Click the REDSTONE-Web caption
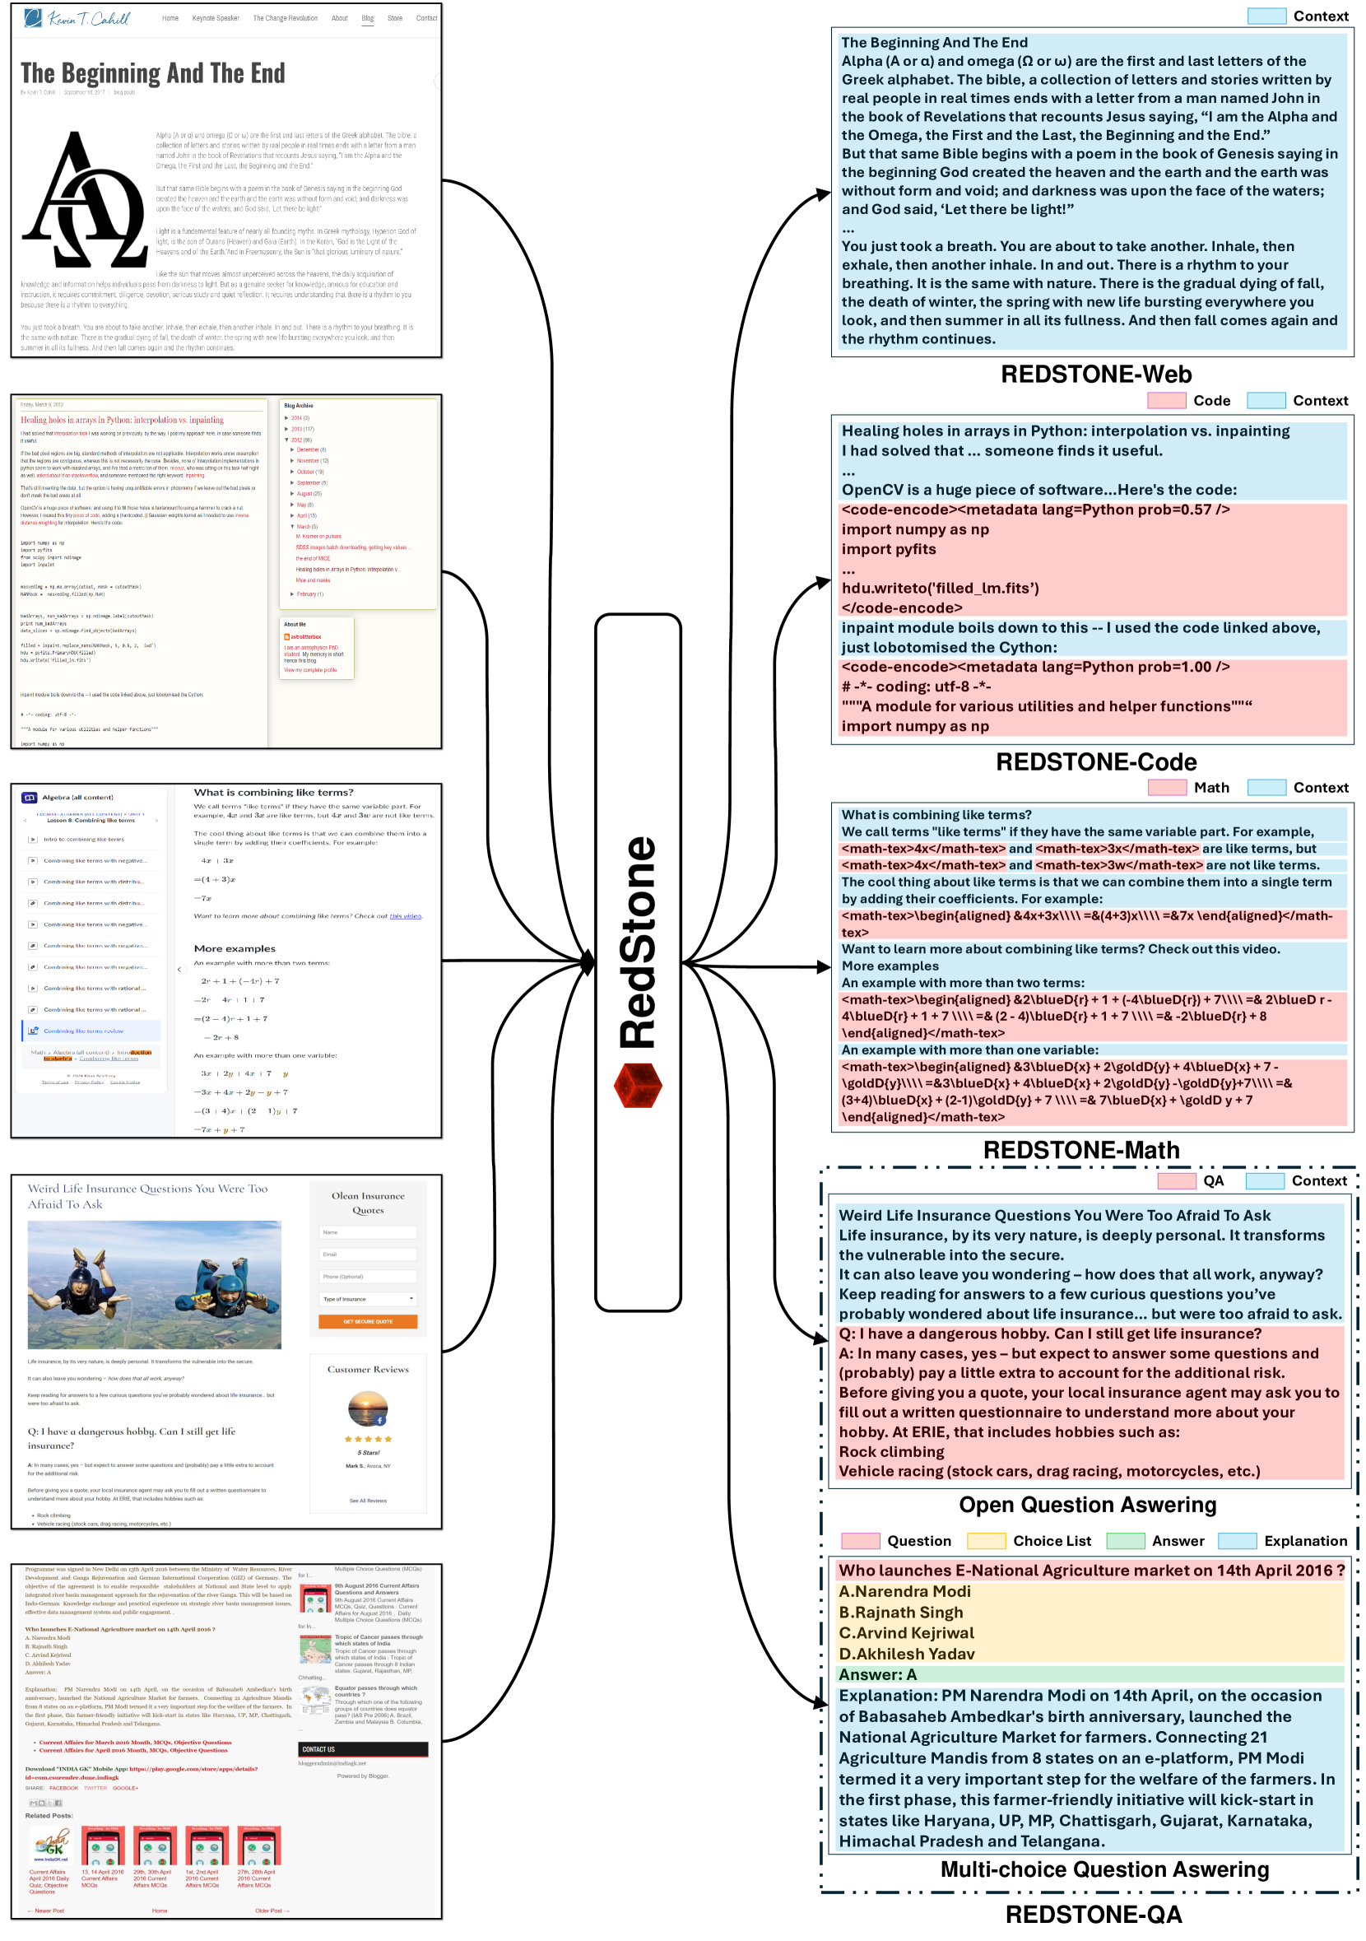pos(1095,375)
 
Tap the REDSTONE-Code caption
pos(1095,762)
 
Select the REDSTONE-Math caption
pos(1081,1151)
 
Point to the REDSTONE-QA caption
pos(1093,1915)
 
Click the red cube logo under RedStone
pos(638,1085)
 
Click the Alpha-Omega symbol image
pos(85,201)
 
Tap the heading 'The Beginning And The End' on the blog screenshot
pos(153,73)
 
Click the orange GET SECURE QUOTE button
pos(368,1321)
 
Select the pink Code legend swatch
pos(1167,401)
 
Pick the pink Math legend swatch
pos(1167,788)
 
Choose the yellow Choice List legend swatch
pos(986,1541)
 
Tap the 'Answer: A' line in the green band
pos(877,1674)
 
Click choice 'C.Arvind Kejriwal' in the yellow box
pos(906,1633)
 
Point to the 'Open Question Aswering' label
pos(1087,1506)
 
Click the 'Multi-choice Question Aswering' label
pos(1105,1869)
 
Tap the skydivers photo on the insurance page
pos(154,1285)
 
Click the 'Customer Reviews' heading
pos(368,1370)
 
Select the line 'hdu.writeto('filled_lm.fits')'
pos(940,589)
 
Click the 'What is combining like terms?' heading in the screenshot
pos(274,793)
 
